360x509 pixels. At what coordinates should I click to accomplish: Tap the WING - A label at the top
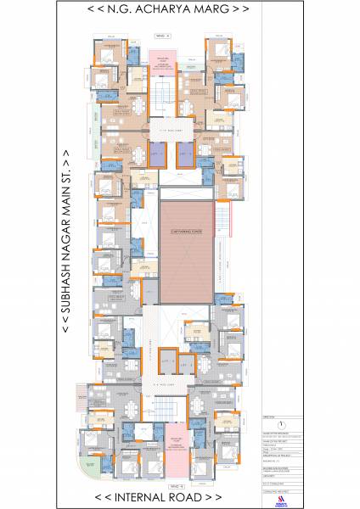163,36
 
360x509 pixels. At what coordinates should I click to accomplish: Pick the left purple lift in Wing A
159,153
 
